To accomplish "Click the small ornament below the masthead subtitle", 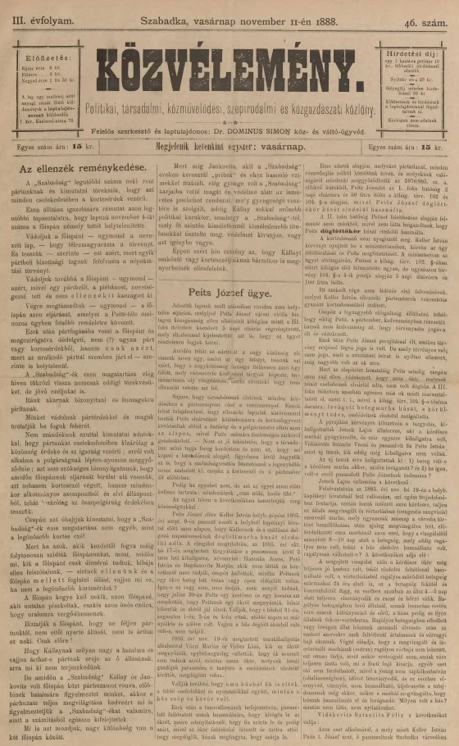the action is [x=229, y=119].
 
